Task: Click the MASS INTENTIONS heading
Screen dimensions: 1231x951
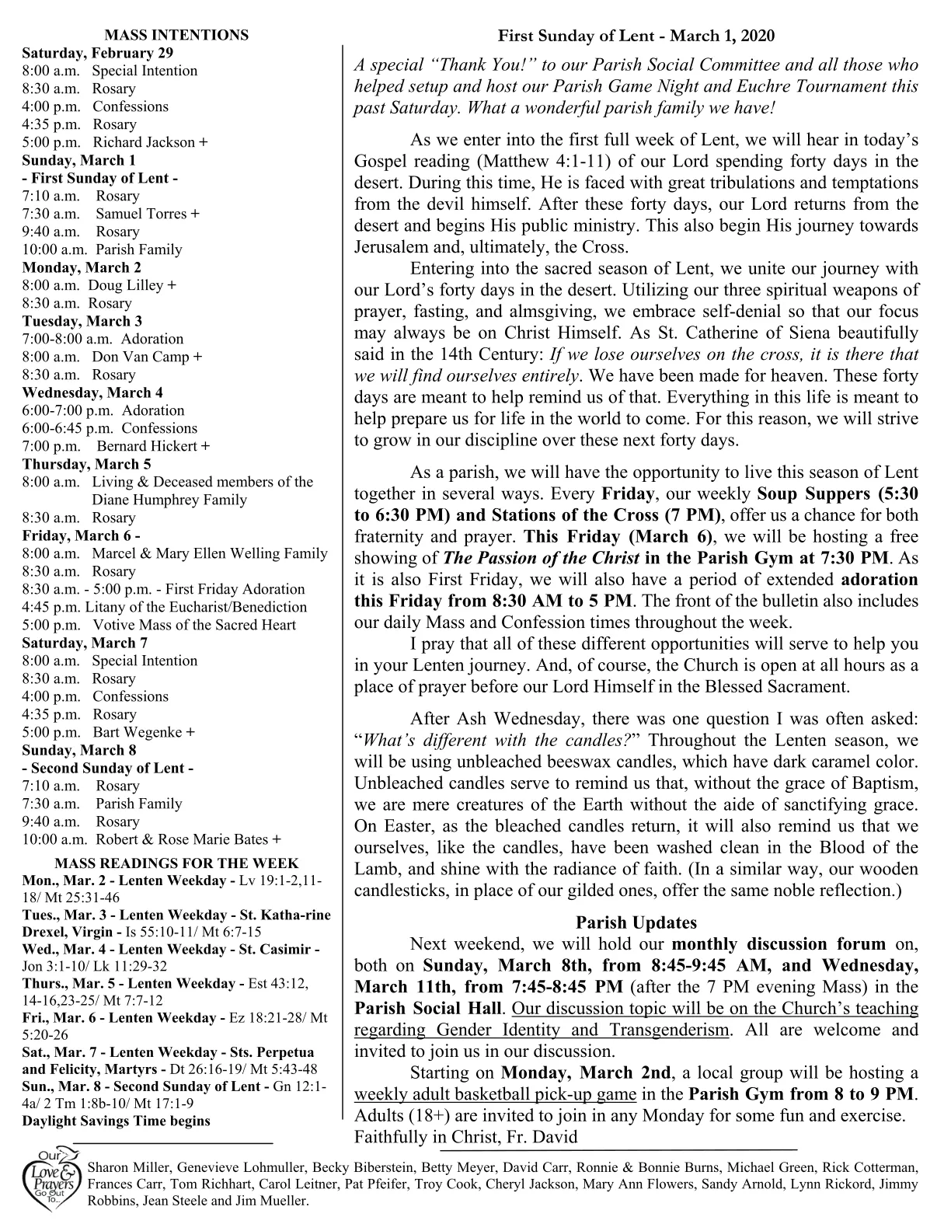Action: coord(176,35)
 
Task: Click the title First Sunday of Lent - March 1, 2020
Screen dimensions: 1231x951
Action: coord(636,36)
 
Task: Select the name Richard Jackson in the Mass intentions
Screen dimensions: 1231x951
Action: coord(145,142)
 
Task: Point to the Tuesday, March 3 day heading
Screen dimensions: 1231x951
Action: coord(82,321)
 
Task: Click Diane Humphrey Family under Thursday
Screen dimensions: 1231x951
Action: coord(169,500)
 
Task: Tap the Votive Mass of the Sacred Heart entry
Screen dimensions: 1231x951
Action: coord(194,625)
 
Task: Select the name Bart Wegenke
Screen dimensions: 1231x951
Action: coord(138,732)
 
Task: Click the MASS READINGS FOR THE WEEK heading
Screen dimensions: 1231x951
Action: coord(176,863)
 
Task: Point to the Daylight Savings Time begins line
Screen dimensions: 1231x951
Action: coord(116,1121)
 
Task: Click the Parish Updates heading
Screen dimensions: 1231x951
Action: coord(636,922)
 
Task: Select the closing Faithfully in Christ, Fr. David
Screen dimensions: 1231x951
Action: coord(465,1137)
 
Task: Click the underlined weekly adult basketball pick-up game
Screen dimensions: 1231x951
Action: coord(495,1094)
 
